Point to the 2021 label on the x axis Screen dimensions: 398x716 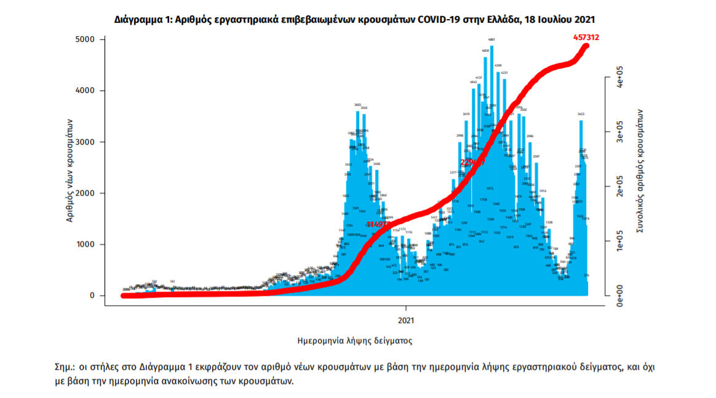pyautogui.click(x=406, y=320)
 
